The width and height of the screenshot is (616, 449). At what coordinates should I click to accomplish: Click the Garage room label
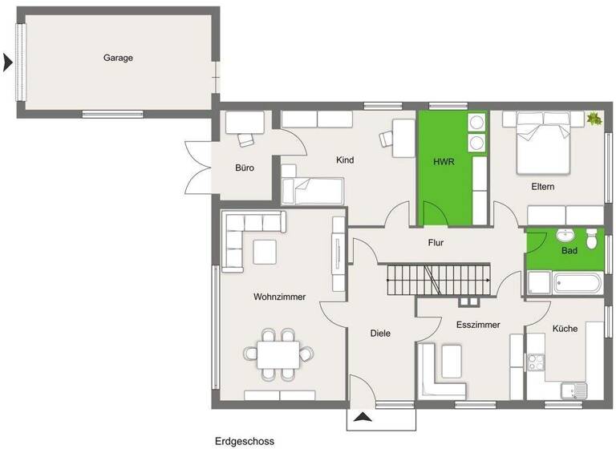[x=118, y=58]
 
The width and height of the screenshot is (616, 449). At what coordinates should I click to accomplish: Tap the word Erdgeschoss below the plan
[x=244, y=440]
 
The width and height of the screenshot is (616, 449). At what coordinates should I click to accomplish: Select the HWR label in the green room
[x=444, y=161]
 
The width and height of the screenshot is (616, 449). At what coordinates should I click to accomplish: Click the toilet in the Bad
[x=593, y=238]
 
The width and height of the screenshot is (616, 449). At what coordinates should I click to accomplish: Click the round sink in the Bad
[x=565, y=236]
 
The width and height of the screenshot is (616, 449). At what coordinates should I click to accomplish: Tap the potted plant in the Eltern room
[x=594, y=119]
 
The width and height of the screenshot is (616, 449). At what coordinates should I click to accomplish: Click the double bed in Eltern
[x=541, y=142]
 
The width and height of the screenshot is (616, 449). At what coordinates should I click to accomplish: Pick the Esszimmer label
[x=478, y=325]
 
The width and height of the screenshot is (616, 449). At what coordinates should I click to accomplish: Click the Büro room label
[x=245, y=169]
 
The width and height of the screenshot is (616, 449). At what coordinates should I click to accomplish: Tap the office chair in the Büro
[x=245, y=139]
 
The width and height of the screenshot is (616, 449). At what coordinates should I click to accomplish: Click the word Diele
[x=380, y=333]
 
